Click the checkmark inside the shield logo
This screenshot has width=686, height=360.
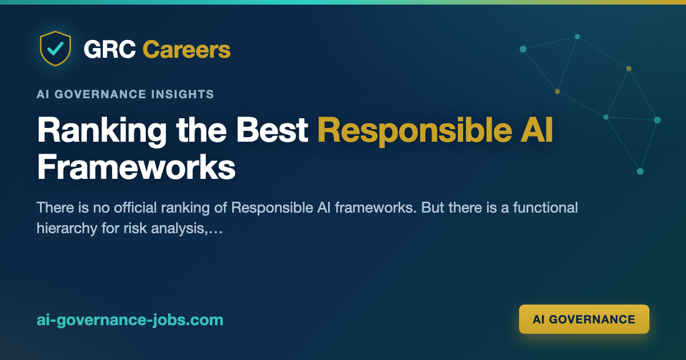click(x=55, y=48)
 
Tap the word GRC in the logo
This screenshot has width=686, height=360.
click(x=110, y=49)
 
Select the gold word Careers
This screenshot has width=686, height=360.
click(x=186, y=49)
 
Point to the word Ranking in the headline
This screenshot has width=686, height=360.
click(x=102, y=131)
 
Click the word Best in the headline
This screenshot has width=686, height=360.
click(x=272, y=130)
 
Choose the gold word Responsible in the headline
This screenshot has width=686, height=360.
click(x=415, y=131)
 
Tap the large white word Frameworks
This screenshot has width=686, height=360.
click(x=136, y=167)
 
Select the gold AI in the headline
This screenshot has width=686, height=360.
click(x=537, y=130)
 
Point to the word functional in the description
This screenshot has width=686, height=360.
click(x=545, y=207)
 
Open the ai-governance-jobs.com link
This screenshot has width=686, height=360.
click(x=130, y=320)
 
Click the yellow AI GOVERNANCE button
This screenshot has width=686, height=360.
click(x=584, y=319)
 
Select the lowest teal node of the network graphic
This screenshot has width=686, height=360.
click(x=640, y=171)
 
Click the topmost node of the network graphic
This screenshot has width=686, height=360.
click(x=577, y=37)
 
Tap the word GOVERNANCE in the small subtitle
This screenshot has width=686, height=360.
click(x=101, y=94)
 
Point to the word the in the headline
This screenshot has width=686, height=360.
click(x=201, y=130)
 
